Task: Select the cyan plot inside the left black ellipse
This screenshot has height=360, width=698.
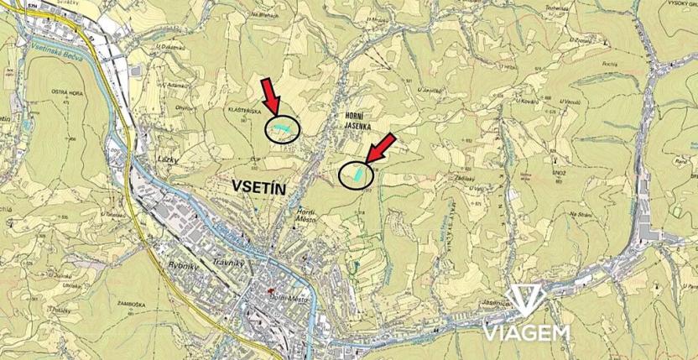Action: [x=280, y=128]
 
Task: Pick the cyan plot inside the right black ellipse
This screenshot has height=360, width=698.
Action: [x=357, y=173]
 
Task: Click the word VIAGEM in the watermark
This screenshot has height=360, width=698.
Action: [x=526, y=332]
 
